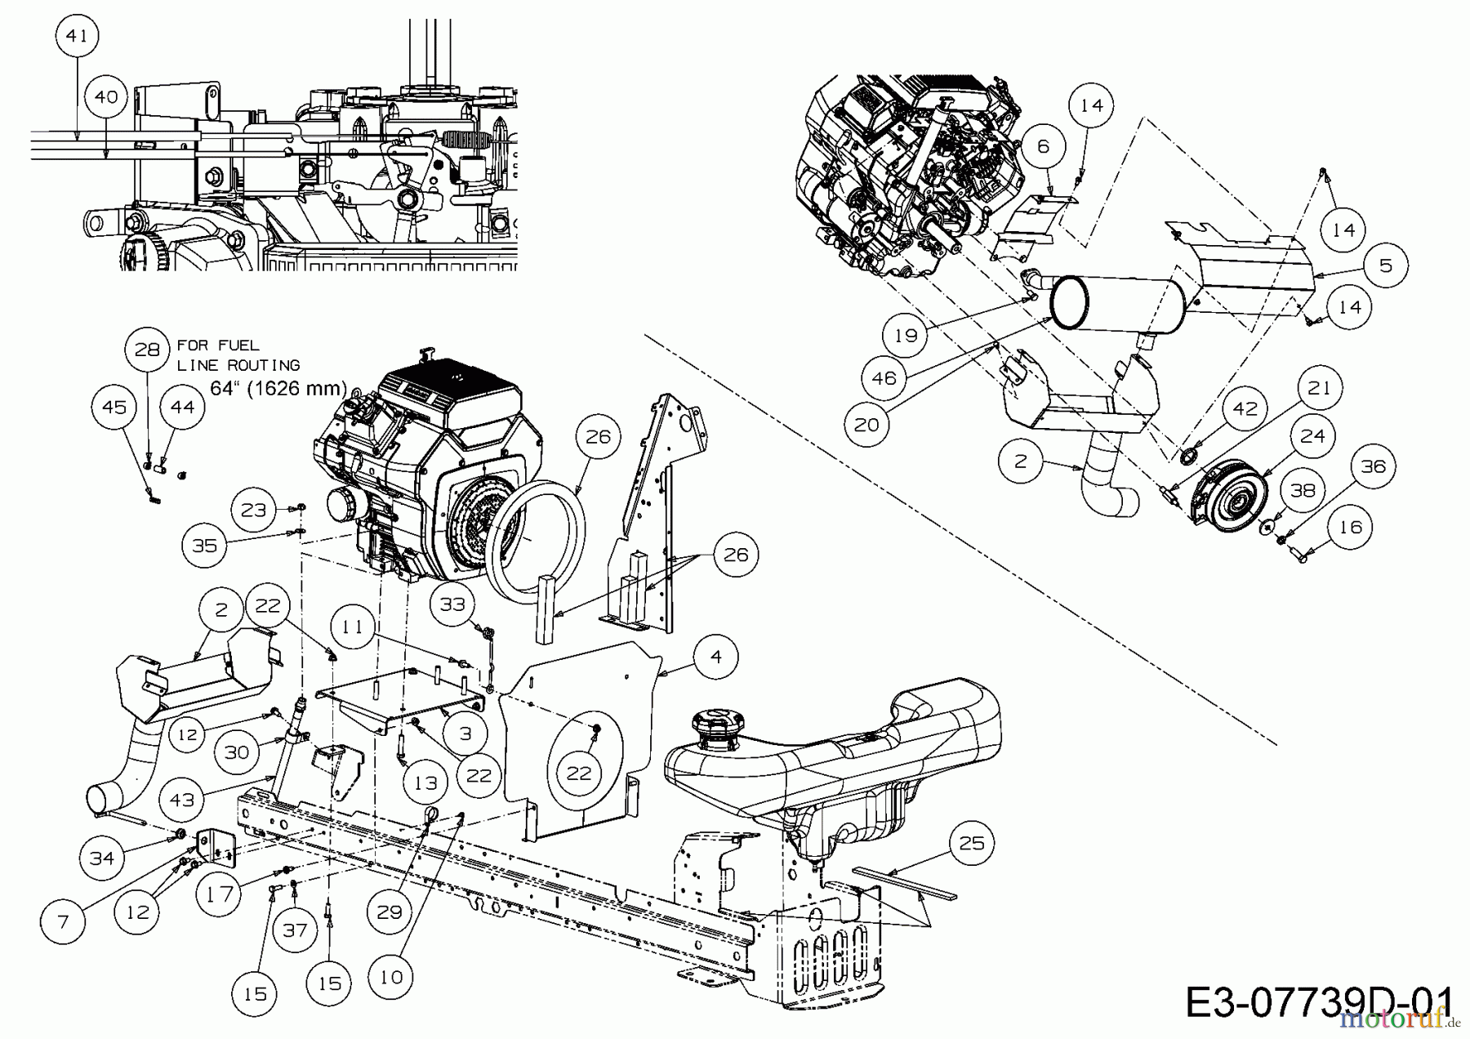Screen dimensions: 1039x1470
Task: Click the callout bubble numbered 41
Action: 76,37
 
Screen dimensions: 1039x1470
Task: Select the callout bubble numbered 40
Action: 106,96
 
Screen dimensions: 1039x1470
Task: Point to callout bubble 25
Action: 971,842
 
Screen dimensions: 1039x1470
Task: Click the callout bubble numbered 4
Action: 716,656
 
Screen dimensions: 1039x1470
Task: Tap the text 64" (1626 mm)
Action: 278,388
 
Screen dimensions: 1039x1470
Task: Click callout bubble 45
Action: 114,406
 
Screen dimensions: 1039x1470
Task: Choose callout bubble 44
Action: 182,406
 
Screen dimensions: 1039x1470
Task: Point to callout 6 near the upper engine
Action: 1042,146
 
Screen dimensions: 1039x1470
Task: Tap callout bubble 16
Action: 1350,527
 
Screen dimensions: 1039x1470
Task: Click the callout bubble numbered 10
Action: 391,977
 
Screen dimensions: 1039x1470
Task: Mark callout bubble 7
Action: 63,922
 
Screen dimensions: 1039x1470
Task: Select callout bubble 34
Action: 102,858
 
